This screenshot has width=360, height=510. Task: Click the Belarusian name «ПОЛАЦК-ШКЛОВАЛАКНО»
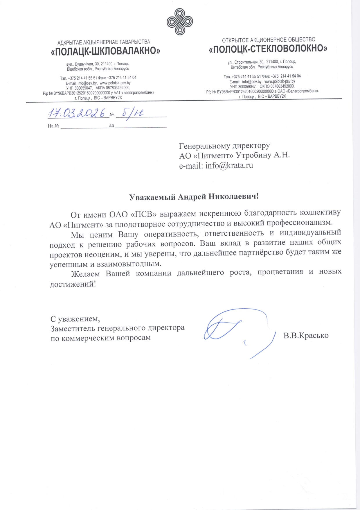pyautogui.click(x=105, y=51)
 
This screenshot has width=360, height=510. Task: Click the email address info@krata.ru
pyautogui.click(x=229, y=166)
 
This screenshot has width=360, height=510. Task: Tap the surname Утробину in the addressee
pyautogui.click(x=253, y=155)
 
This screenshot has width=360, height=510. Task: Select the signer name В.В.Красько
pyautogui.click(x=306, y=336)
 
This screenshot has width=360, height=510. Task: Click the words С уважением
pyautogui.click(x=75, y=319)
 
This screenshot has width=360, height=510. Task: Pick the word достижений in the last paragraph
pyautogui.click(x=73, y=284)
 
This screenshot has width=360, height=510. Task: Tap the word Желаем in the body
pyautogui.click(x=86, y=274)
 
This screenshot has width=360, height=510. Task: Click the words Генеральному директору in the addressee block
pyautogui.click(x=224, y=146)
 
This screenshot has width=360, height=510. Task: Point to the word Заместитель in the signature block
pyautogui.click(x=73, y=328)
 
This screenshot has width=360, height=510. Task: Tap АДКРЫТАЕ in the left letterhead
pyautogui.click(x=70, y=43)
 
